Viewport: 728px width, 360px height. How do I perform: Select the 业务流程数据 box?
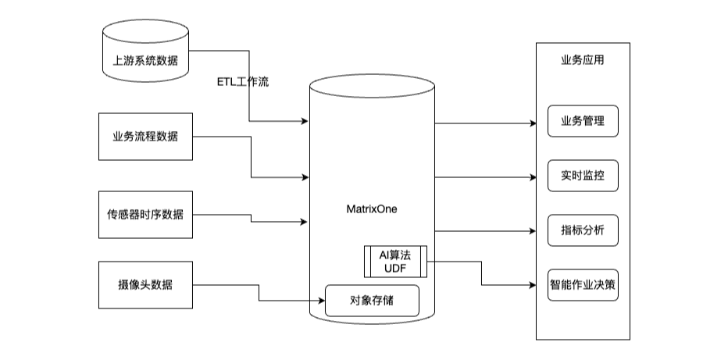pos(145,137)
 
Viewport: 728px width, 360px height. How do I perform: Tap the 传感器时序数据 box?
pos(145,213)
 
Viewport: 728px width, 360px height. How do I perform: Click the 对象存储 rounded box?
pos(372,301)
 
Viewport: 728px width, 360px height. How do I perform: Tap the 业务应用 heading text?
pos(583,59)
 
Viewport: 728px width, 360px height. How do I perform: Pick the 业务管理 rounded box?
pos(583,121)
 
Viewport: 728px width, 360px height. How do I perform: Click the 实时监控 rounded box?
pos(583,176)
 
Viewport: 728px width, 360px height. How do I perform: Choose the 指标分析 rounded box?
pos(583,230)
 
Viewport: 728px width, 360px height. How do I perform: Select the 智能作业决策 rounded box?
pos(583,285)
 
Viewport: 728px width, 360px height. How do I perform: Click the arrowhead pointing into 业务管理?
pos(533,123)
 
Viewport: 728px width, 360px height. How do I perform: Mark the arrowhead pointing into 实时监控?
pos(533,177)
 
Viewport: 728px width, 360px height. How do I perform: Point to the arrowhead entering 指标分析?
pos(533,231)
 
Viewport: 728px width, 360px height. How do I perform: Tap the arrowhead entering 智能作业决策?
pos(533,286)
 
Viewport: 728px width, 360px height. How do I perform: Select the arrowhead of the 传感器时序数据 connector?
pos(304,223)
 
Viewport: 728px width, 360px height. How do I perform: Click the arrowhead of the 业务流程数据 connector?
pos(304,177)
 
